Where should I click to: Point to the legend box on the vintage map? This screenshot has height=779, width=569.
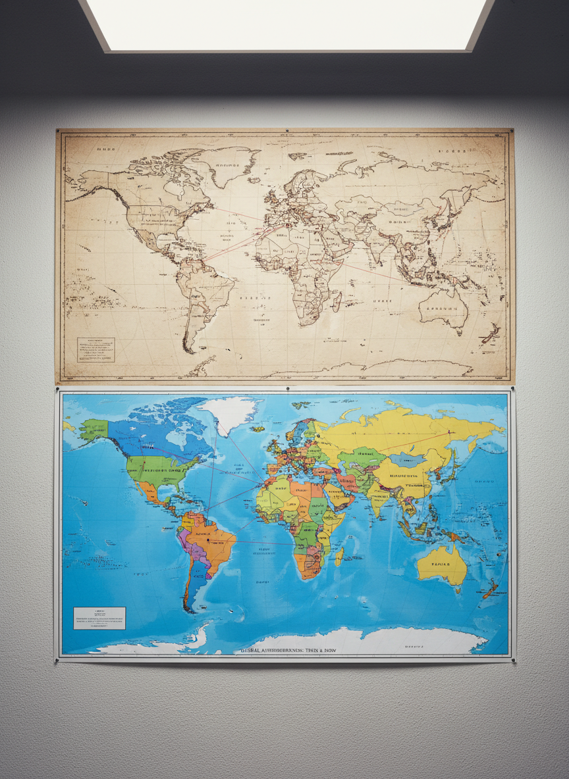point(95,349)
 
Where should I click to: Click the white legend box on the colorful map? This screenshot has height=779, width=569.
point(99,618)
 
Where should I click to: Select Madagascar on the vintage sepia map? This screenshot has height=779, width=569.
point(337,301)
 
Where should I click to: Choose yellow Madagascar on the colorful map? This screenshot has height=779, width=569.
point(339,558)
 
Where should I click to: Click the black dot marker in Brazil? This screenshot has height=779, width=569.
point(207,540)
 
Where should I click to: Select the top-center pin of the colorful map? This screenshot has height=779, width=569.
point(288,389)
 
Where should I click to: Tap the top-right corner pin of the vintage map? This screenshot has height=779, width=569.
point(511,131)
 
